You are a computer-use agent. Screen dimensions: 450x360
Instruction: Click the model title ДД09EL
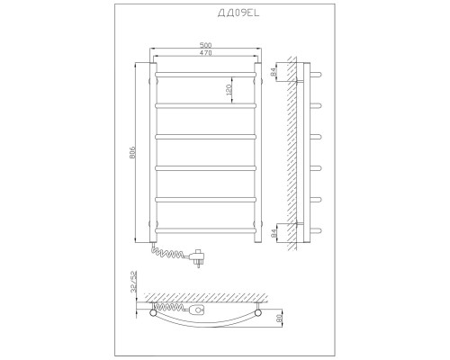(x=238, y=13)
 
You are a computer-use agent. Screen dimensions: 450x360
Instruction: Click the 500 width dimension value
(x=205, y=45)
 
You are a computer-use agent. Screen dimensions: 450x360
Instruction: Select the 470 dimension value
(x=205, y=53)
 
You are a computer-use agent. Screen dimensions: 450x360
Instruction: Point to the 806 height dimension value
(x=133, y=152)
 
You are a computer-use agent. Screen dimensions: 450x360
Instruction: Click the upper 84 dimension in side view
(x=273, y=72)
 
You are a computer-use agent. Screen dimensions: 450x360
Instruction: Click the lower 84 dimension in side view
(x=274, y=233)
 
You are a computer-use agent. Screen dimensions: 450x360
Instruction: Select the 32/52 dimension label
(x=134, y=282)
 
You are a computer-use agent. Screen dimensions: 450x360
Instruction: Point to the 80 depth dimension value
(x=281, y=318)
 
